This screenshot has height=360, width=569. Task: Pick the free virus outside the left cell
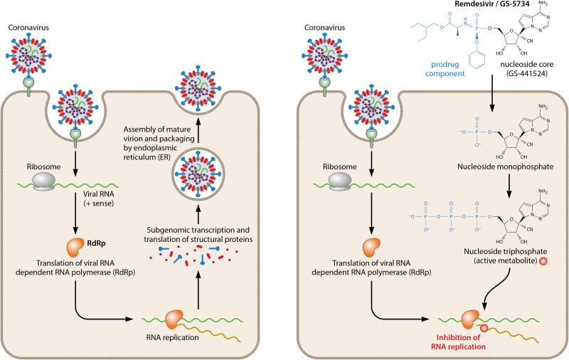point(28,63)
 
